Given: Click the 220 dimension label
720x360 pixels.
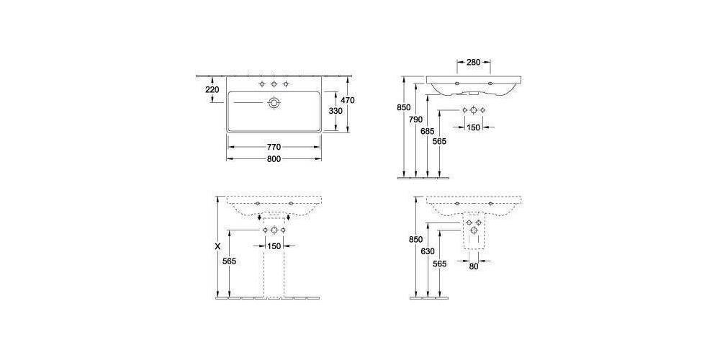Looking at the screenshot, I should (x=212, y=90).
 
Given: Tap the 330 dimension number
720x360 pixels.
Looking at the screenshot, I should (x=335, y=111).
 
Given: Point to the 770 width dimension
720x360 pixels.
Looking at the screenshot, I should (x=274, y=147).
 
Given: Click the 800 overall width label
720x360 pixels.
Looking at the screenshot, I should (x=274, y=160).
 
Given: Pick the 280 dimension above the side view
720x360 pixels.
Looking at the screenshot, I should (x=473, y=63).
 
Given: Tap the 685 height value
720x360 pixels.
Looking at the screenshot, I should (x=429, y=131).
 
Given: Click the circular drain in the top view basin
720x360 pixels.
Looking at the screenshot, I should (x=274, y=104).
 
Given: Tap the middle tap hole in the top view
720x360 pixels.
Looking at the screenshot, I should (x=274, y=85).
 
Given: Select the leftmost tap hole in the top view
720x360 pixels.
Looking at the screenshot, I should (x=261, y=85).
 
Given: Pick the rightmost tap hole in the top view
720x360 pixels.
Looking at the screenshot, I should (x=287, y=85).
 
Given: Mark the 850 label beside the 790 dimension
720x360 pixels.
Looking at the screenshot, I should (x=405, y=107).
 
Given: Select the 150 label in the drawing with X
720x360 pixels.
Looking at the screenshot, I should (x=274, y=246).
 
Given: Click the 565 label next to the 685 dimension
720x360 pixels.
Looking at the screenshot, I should (x=441, y=141).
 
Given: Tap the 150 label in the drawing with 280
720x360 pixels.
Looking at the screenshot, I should (x=473, y=127).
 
